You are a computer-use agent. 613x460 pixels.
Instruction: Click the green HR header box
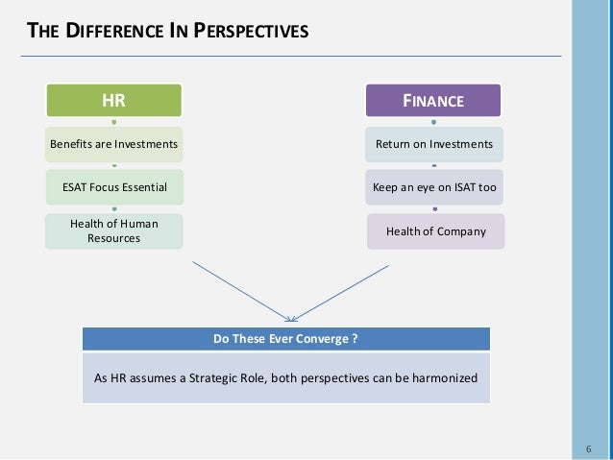[x=113, y=100]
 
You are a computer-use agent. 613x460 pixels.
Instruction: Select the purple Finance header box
[x=433, y=100]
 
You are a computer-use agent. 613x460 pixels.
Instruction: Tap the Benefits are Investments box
[x=113, y=144]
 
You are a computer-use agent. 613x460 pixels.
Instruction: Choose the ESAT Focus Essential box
[x=113, y=187]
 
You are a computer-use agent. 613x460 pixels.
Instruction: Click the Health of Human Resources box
[x=113, y=230]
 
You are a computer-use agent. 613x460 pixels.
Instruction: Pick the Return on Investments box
[x=433, y=144]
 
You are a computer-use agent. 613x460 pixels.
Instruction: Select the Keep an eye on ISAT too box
[x=433, y=187]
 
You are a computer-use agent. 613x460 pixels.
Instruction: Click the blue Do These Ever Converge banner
[x=285, y=338]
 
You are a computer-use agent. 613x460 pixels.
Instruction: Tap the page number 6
[x=587, y=449]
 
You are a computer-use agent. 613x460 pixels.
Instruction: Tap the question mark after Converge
[x=355, y=338]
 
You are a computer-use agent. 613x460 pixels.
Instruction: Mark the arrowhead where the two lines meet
[x=292, y=318]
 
